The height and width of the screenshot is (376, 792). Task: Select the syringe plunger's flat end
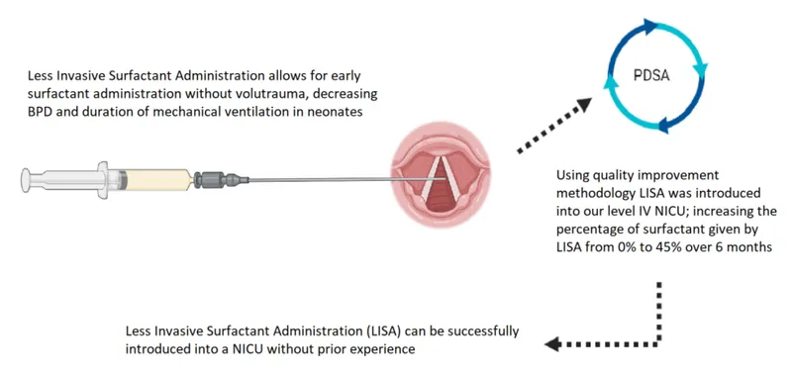(25, 179)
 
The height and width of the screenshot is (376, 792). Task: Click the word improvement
(708, 174)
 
